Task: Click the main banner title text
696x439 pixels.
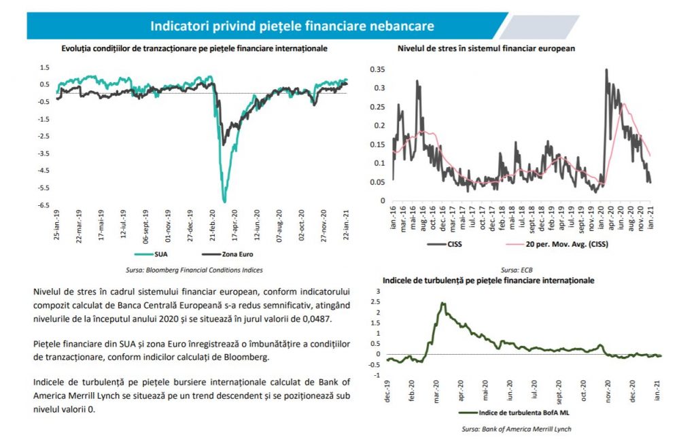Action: pos(292,26)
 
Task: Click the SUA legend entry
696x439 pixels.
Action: pos(151,254)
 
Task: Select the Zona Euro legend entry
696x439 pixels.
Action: pos(227,254)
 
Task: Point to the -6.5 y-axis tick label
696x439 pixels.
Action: pos(43,205)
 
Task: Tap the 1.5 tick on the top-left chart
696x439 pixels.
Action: pos(44,67)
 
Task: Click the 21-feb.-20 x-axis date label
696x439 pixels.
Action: pos(213,225)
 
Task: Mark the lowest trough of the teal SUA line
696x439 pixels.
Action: pos(224,202)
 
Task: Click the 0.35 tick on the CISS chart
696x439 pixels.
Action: pos(377,69)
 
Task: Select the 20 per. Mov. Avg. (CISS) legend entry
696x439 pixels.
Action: pos(557,244)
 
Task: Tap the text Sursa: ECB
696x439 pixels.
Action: pos(517,270)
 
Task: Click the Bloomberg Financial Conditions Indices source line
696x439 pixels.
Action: pos(194,270)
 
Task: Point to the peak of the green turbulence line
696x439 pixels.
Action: pos(442,303)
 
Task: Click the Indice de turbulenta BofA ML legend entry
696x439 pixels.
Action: pos(514,412)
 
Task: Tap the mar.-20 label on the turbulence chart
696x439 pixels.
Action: pos(436,391)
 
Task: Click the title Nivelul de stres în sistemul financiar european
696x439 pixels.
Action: pos(486,48)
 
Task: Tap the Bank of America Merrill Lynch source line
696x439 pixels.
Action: pos(517,429)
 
